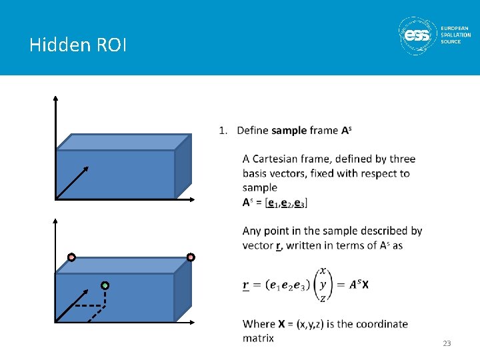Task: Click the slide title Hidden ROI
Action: click(x=78, y=45)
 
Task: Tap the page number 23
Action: click(x=447, y=343)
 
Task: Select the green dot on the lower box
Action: click(x=105, y=285)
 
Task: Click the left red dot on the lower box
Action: click(x=71, y=257)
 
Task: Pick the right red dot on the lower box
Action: click(x=191, y=257)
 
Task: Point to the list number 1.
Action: click(x=223, y=130)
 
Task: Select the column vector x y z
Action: click(x=323, y=285)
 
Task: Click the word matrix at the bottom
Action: click(x=258, y=338)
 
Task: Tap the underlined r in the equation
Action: click(x=246, y=285)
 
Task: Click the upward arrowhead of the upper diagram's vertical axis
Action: click(x=56, y=99)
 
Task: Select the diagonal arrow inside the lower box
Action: click(x=72, y=306)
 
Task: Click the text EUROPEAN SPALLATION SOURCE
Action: click(x=455, y=35)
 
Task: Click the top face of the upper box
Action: click(x=123, y=141)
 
